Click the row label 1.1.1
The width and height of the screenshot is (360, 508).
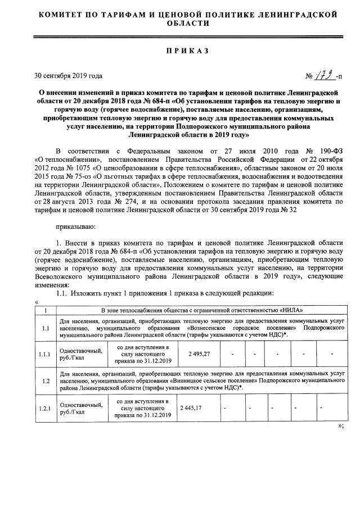coord(45,354)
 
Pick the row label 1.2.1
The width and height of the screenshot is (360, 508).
coord(45,407)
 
